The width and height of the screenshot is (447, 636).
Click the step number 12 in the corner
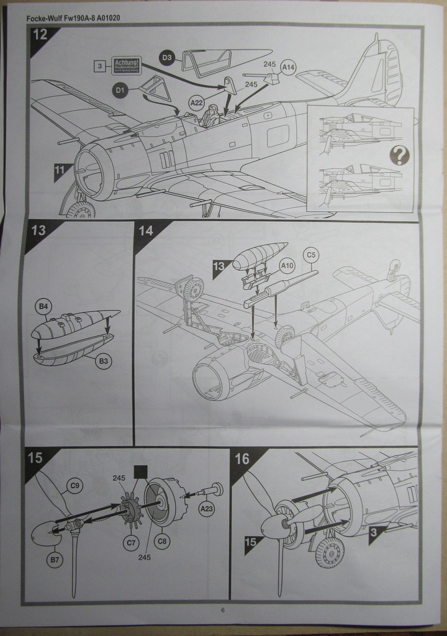pos(40,35)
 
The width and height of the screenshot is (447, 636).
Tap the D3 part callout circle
pos(166,58)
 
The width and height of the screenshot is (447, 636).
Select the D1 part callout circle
pos(120,91)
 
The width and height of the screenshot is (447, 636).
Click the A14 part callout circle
pos(288,66)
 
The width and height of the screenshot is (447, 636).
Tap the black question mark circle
pos(399,155)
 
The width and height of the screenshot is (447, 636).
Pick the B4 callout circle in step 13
pos(43,306)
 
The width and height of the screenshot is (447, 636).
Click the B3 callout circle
pos(104,361)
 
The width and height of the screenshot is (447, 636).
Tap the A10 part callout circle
pos(287,266)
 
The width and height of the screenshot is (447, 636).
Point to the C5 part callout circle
pos(310,254)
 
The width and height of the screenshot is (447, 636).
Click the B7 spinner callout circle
pos(55,560)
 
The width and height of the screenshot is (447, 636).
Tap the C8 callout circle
pos(162,541)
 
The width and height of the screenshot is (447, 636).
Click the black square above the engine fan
pos(140,472)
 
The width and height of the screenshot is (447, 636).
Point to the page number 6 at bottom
pos(222,610)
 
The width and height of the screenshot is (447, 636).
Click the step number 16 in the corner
pos(242,459)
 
